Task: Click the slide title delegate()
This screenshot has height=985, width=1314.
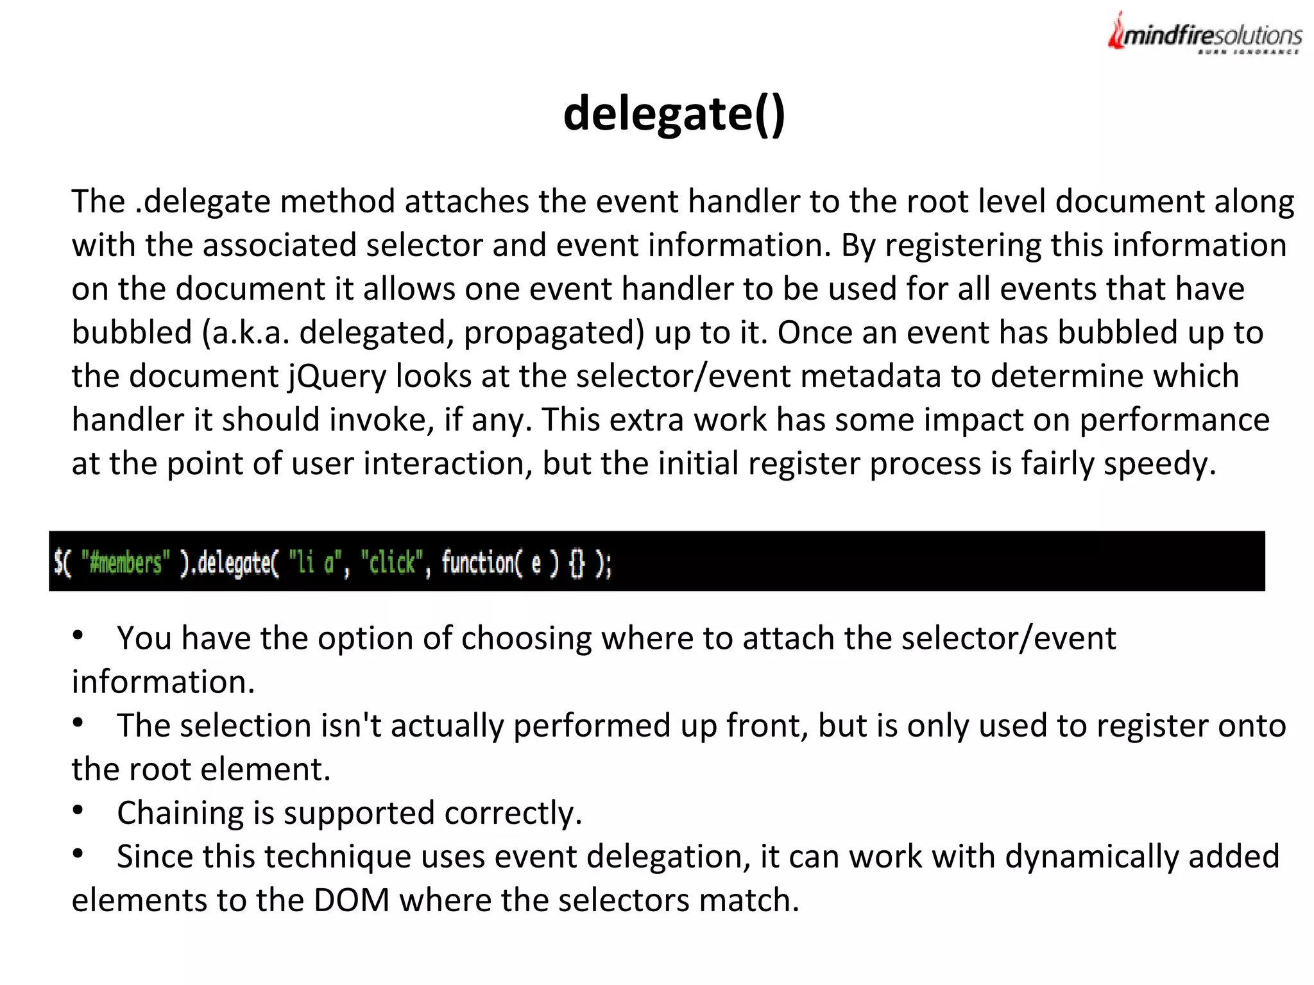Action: click(674, 114)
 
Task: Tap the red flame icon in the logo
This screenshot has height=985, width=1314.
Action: click(1117, 32)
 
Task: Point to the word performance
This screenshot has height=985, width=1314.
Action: click(1174, 420)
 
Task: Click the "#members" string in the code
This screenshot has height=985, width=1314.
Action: click(126, 563)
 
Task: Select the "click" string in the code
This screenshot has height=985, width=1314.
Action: click(391, 563)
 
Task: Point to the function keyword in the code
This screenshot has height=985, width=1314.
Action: click(477, 563)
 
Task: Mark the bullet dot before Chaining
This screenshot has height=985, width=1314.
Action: click(78, 810)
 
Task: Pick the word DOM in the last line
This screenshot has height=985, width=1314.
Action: click(352, 900)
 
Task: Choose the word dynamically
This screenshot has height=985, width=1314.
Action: click(1091, 857)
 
